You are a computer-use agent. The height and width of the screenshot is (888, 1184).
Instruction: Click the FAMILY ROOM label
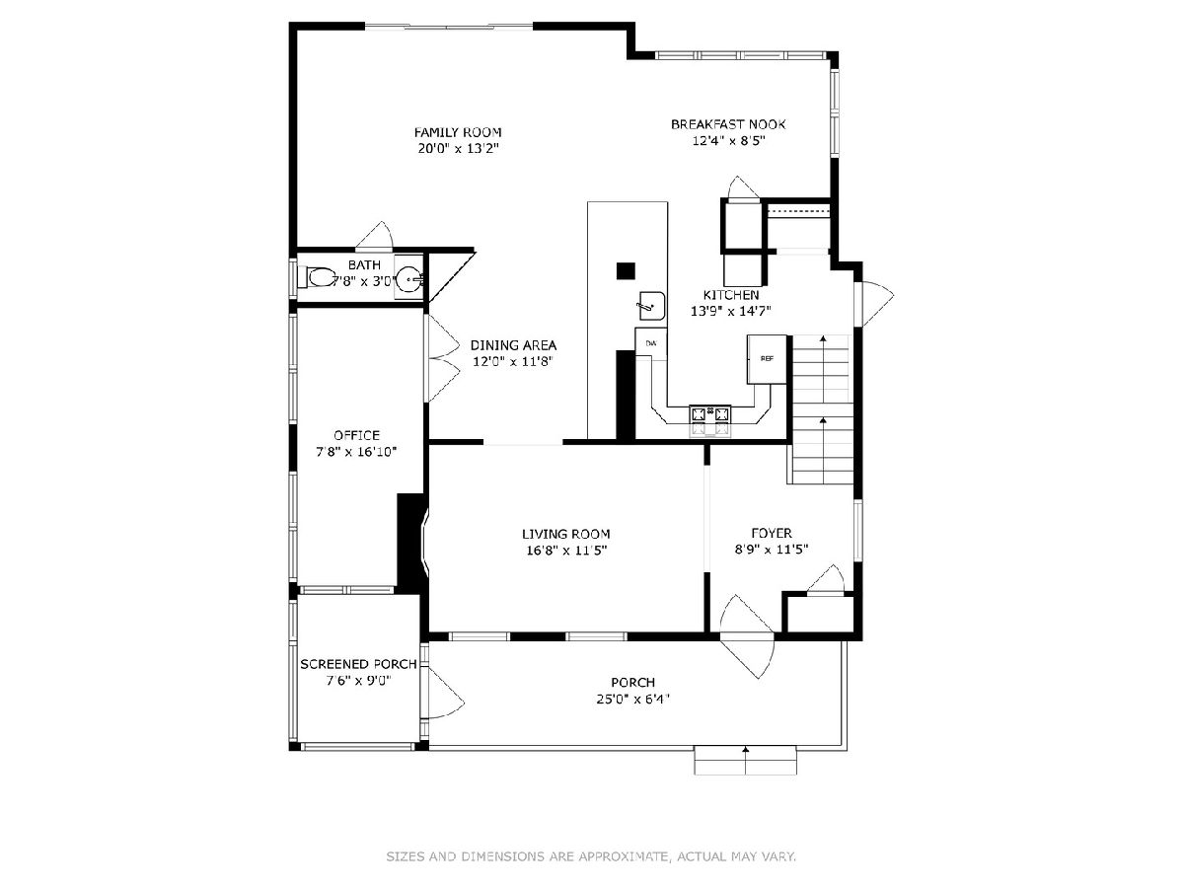click(x=458, y=132)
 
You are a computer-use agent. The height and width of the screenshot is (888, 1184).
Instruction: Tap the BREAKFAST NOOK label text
click(x=728, y=124)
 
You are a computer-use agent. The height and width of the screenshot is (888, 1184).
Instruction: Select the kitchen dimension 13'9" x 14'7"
click(x=730, y=311)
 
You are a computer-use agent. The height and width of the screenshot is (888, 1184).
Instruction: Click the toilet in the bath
click(x=319, y=277)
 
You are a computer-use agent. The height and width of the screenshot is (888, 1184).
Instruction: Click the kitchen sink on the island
click(x=651, y=305)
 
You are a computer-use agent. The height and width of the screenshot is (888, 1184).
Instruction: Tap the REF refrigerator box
click(x=767, y=358)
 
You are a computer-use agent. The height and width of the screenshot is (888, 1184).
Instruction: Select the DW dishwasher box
click(x=651, y=343)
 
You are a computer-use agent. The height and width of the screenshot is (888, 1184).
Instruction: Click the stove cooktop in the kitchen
click(x=709, y=414)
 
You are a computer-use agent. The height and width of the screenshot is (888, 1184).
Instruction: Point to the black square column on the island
click(x=626, y=270)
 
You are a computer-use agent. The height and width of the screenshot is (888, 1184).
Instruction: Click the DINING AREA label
click(x=513, y=345)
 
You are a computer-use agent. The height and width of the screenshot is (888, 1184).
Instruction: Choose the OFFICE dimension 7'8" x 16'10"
click(x=356, y=451)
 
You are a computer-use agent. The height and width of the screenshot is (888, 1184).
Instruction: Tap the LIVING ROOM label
click(x=565, y=534)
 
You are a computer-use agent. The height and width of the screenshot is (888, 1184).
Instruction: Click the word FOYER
click(x=772, y=533)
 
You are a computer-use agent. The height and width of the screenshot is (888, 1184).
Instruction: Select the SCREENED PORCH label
click(x=358, y=664)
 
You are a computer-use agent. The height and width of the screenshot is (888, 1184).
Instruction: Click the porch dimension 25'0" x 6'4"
click(x=632, y=699)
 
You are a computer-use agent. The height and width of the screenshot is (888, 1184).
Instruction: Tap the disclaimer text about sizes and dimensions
click(x=591, y=856)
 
